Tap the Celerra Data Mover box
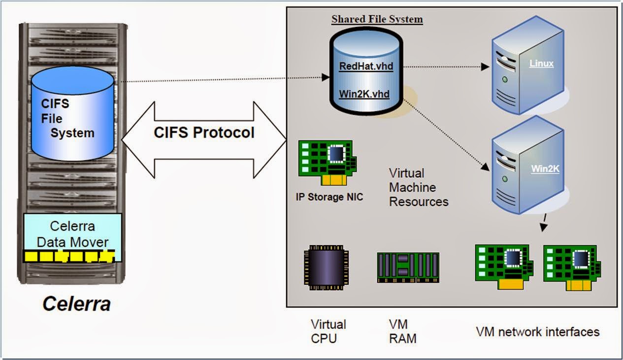(x=72, y=233)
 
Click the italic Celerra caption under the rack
(x=76, y=303)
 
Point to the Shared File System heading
(x=377, y=19)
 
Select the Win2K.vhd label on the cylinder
(x=364, y=93)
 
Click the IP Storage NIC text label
(x=329, y=198)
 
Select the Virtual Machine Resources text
(x=419, y=187)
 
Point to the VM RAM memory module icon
(x=408, y=267)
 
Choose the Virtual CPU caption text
(x=328, y=331)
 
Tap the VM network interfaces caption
(x=537, y=331)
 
